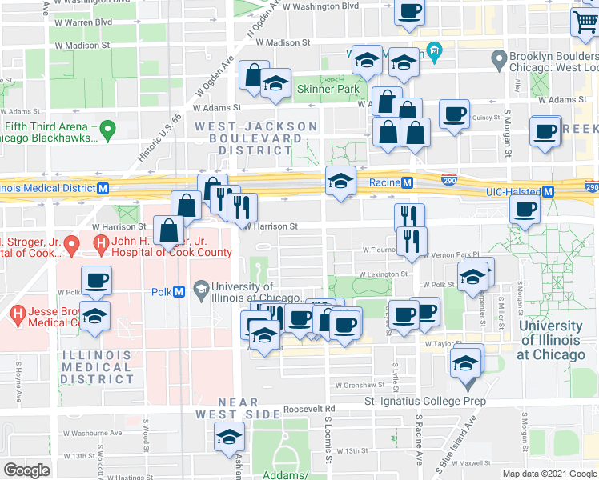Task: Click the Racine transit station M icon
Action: pos(408,182)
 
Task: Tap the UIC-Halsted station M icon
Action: pos(549,192)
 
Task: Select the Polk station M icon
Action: pos(179,291)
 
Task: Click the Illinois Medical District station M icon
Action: pos(103,189)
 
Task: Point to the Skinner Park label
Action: pos(327,89)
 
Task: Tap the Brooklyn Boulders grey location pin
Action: pos(499,58)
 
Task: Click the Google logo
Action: pos(26,470)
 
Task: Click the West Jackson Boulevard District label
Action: pos(256,138)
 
